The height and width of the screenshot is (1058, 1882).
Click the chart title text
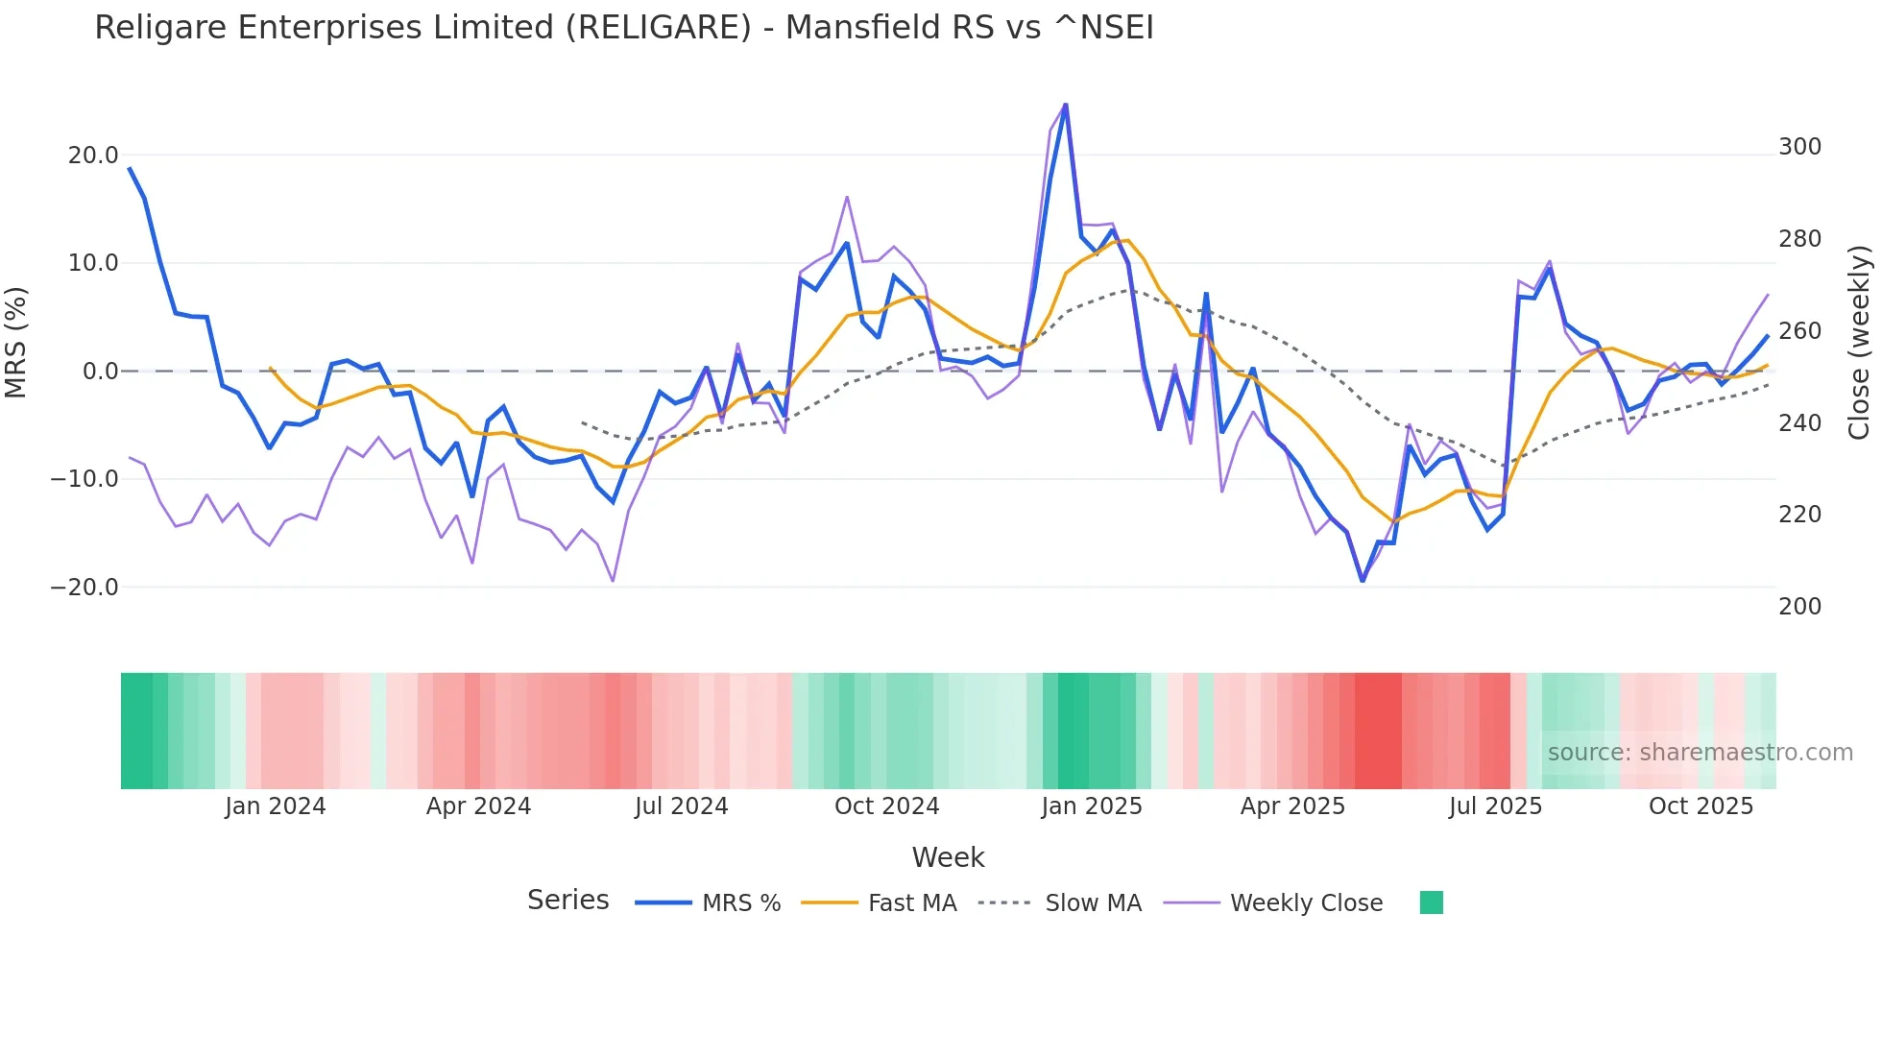point(624,28)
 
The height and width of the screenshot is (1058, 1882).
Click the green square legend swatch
point(1431,902)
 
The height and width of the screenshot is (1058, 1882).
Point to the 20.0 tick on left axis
point(93,156)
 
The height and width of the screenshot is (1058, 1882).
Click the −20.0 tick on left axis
point(84,588)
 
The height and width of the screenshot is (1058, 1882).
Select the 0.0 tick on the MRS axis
point(100,372)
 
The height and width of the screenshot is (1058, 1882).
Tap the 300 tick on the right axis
point(1799,147)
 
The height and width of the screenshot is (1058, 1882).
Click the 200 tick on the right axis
point(1799,607)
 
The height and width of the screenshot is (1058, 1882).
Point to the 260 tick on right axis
point(1799,331)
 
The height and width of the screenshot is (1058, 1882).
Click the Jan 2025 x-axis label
point(1092,806)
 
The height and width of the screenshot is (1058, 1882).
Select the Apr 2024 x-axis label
point(478,806)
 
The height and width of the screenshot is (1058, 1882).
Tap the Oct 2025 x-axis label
point(1701,806)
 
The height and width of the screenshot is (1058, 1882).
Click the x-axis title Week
point(948,857)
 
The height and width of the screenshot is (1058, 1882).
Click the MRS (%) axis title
point(16,342)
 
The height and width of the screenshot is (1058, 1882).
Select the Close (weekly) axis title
point(1859,343)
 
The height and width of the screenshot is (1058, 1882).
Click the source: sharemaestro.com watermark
point(1700,753)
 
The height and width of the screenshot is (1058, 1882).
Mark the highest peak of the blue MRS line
point(1065,105)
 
